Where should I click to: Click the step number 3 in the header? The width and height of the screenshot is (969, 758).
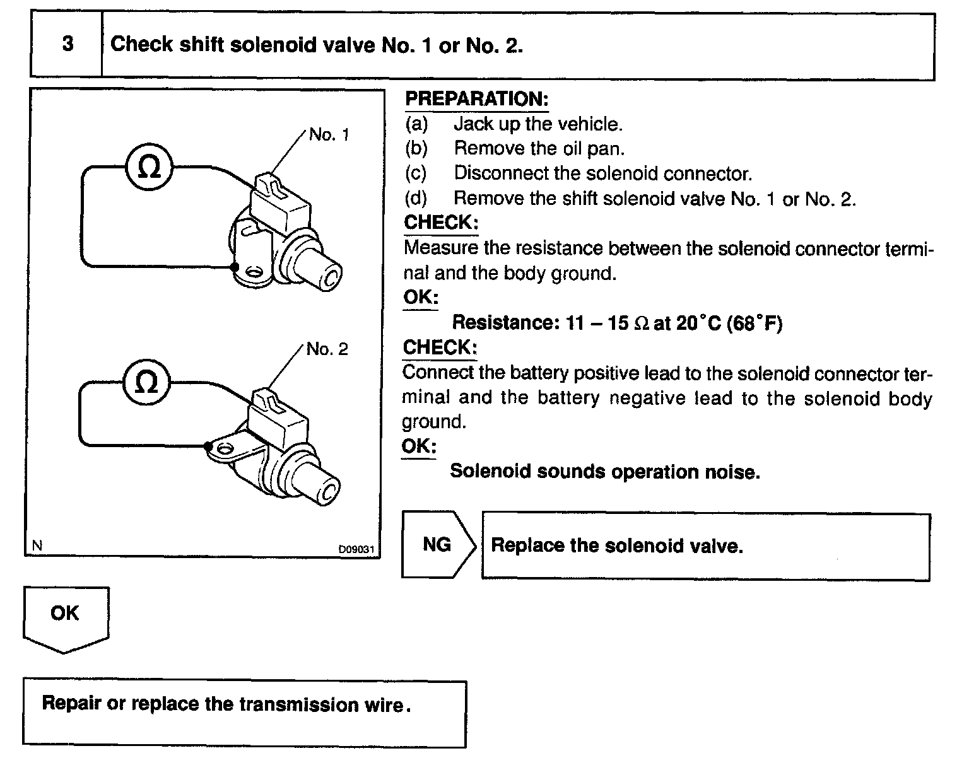[68, 44]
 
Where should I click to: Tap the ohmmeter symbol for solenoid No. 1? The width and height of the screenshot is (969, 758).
[149, 167]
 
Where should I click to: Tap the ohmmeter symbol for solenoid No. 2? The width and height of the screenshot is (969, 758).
[146, 383]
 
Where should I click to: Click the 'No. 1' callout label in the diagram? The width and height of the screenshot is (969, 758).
[329, 134]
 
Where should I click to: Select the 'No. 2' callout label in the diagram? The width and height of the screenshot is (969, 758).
[327, 349]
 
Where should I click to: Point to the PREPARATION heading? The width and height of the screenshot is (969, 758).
[476, 99]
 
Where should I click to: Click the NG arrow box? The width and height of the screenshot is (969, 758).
[438, 544]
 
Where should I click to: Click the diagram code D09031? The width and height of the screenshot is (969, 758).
[356, 549]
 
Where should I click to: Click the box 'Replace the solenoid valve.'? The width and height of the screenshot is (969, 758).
[705, 546]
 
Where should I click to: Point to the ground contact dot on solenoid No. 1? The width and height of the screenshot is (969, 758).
[235, 267]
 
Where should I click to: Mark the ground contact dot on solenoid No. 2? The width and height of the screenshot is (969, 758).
[208, 446]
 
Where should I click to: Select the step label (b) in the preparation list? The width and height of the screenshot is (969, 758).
[416, 148]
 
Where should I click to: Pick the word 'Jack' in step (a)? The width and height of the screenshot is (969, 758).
[473, 124]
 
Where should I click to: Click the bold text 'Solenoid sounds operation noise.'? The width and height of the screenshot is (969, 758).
[604, 472]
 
